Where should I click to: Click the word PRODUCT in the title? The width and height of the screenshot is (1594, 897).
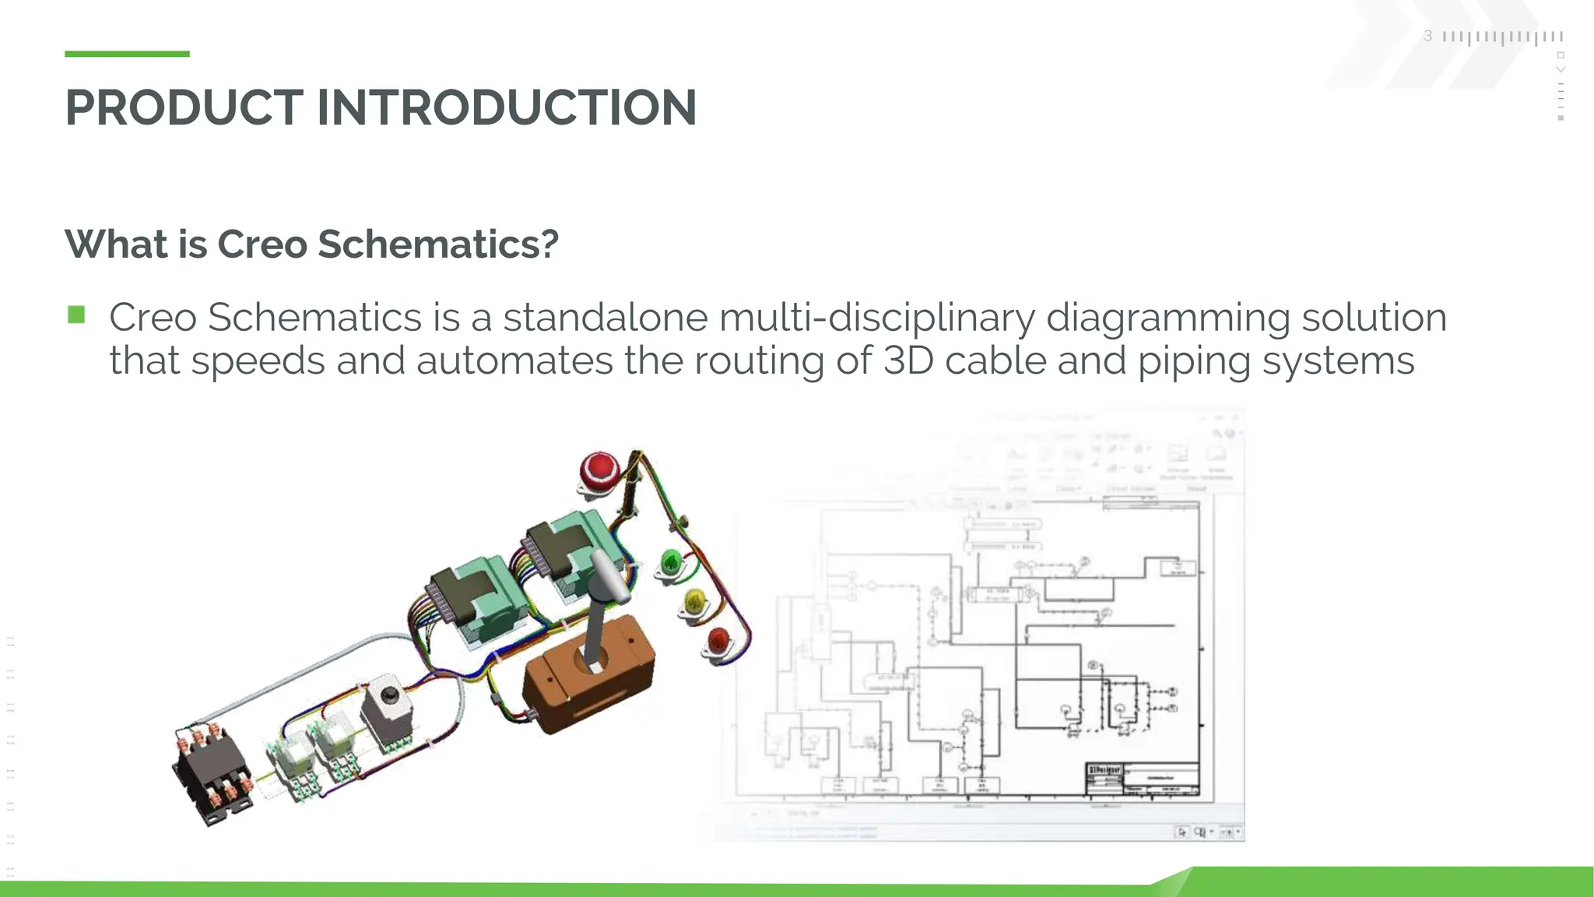[184, 107]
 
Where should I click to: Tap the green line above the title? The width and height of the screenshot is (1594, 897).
[127, 54]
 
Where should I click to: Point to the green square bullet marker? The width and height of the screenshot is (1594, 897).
[76, 315]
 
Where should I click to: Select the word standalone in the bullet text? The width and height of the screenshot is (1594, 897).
[605, 318]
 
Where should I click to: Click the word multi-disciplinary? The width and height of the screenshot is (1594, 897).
[876, 318]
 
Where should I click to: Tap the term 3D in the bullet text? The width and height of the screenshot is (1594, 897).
[908, 361]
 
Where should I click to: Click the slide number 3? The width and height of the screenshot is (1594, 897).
[1427, 36]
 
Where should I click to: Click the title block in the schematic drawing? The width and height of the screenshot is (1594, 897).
[1142, 779]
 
